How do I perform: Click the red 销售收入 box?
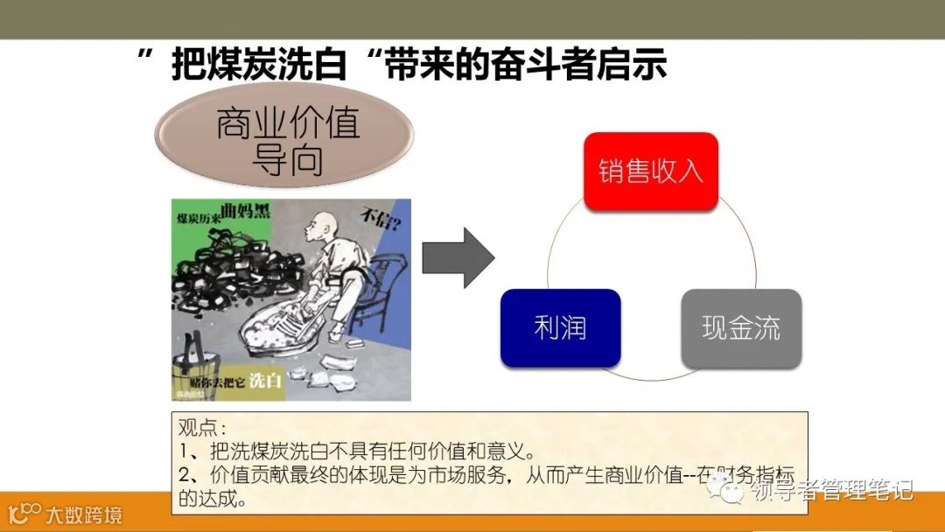[651, 171]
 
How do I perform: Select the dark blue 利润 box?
[560, 328]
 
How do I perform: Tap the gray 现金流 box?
[741, 328]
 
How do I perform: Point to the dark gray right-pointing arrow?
[458, 257]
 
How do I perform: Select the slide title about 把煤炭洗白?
[402, 65]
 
